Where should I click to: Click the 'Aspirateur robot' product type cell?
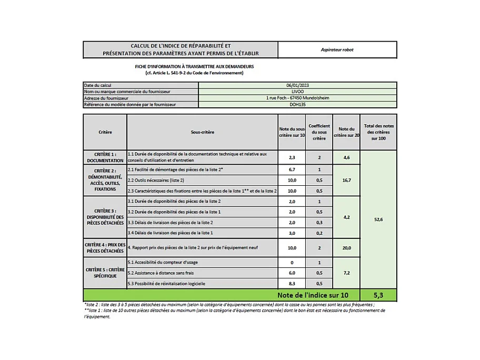(337, 49)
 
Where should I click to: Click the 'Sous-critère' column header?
(202, 132)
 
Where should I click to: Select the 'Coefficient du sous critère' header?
(319, 132)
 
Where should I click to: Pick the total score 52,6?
(378, 219)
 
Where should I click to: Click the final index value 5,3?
(378, 295)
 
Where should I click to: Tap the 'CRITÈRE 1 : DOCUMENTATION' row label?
(105, 157)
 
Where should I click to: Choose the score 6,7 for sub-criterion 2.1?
(292, 170)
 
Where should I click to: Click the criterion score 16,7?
(346, 180)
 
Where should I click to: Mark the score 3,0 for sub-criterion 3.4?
(292, 233)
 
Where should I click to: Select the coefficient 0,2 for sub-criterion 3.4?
(319, 233)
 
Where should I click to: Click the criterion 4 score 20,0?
(346, 247)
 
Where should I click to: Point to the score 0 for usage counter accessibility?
(292, 262)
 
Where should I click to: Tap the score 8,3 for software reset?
(292, 284)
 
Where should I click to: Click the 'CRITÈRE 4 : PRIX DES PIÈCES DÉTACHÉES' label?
(105, 247)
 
